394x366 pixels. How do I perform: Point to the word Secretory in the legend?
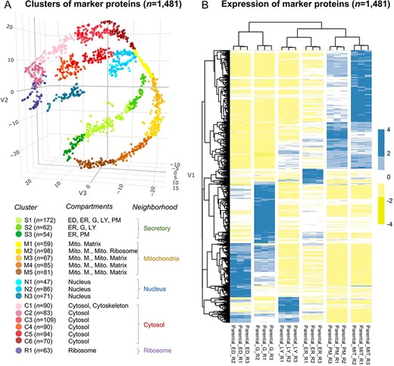click(169, 226)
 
